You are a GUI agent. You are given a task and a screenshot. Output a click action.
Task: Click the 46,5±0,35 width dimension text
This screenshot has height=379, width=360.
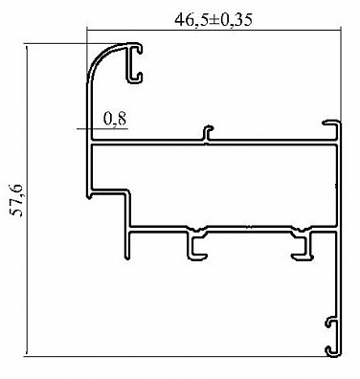click(214, 20)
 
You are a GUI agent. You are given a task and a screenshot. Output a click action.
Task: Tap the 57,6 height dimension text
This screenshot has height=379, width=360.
click(17, 200)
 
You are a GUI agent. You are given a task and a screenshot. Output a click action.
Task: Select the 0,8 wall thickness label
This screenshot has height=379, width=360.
click(115, 119)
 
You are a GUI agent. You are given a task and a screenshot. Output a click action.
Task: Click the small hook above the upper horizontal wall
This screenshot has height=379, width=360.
click(208, 132)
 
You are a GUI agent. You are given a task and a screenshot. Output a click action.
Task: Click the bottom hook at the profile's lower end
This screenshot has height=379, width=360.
click(332, 351)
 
